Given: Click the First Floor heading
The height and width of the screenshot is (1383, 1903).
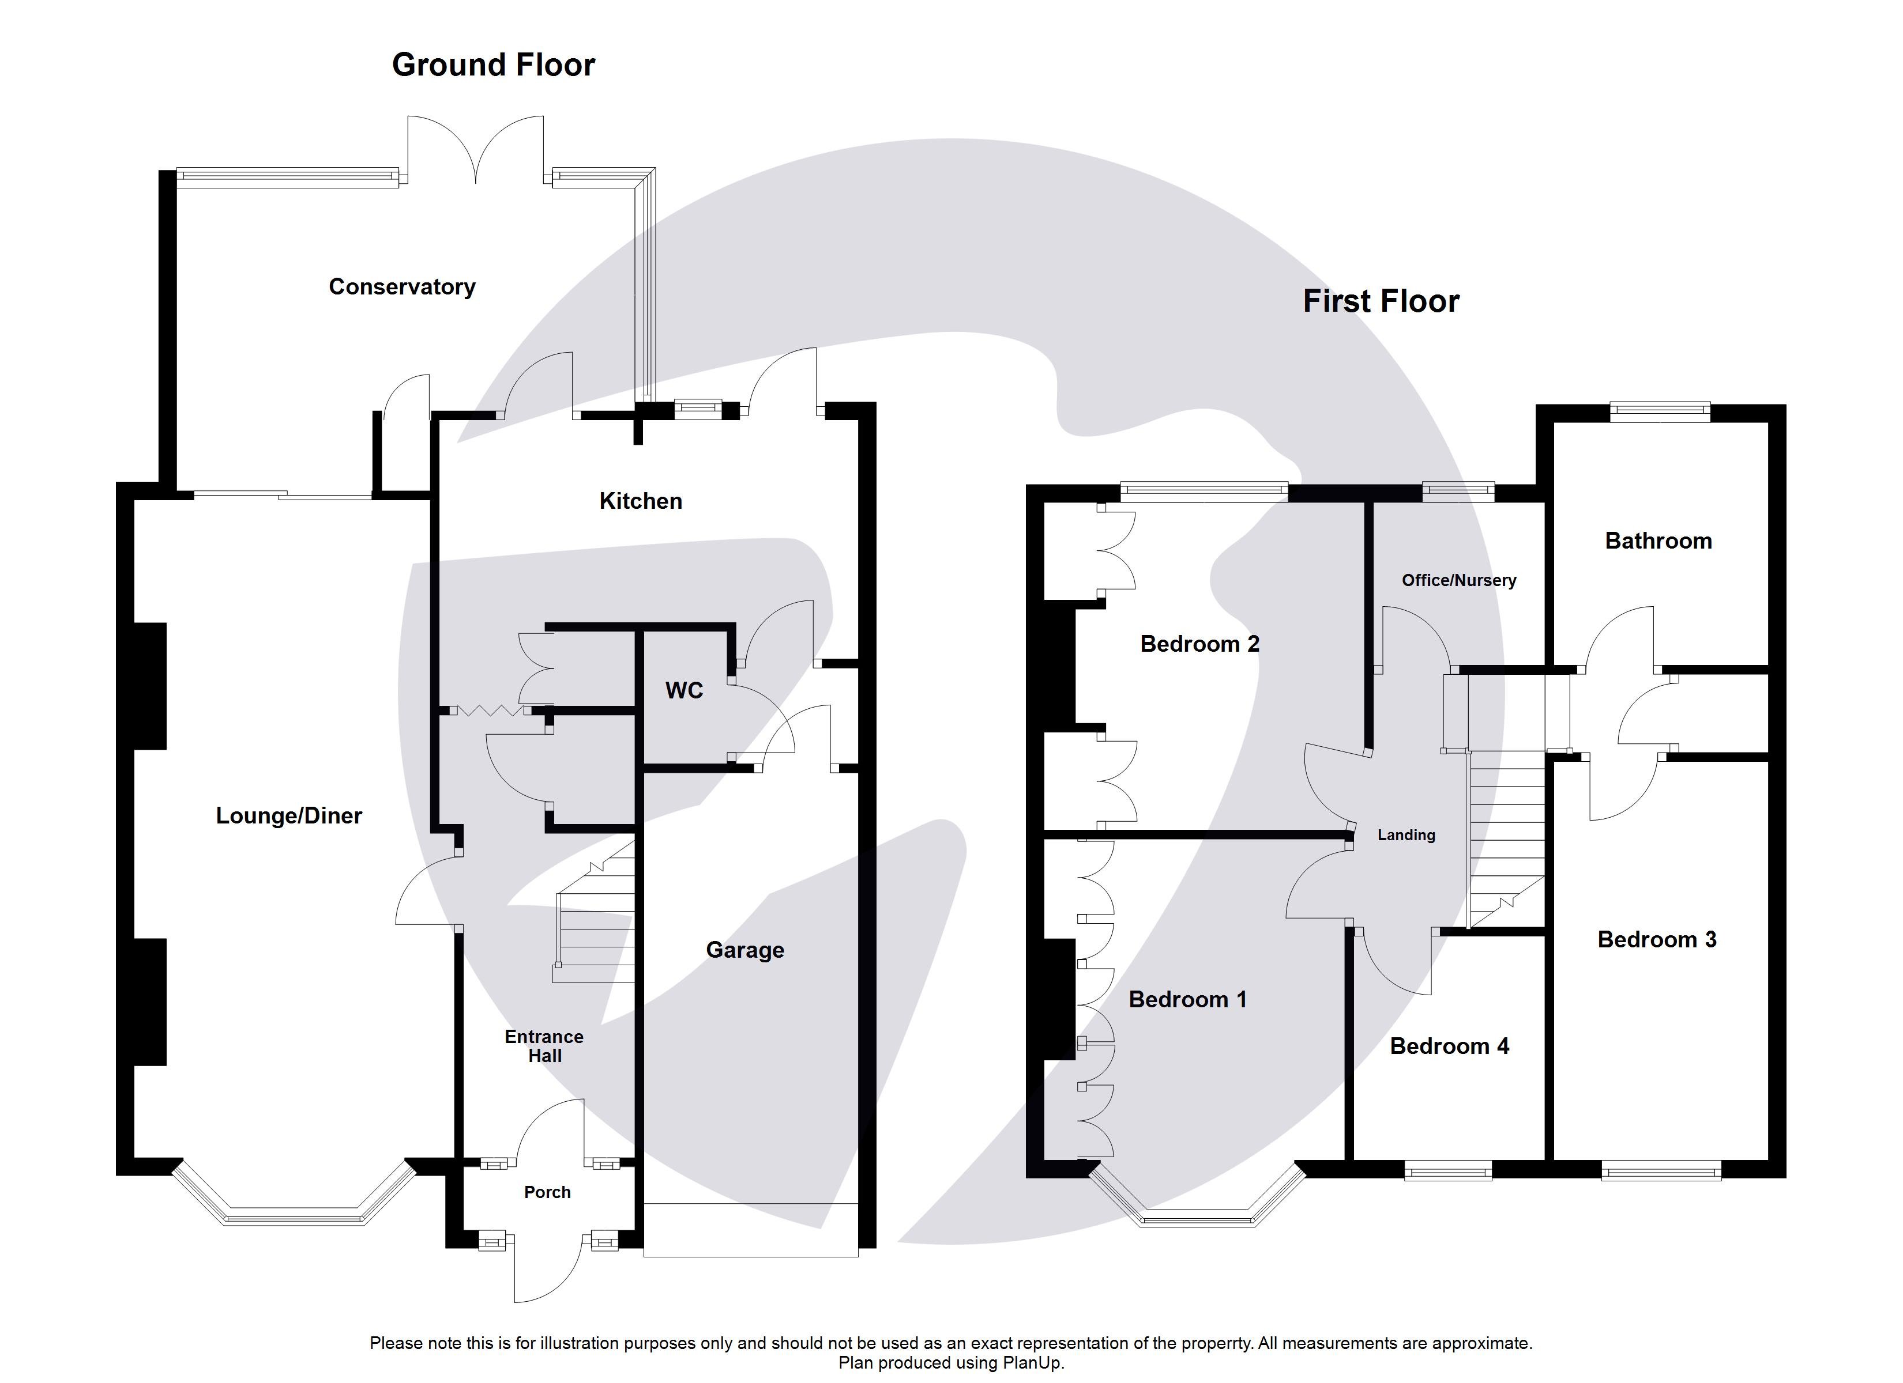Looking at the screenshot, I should click(x=1381, y=301).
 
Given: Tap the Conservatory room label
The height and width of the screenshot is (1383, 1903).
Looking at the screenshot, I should click(x=402, y=287).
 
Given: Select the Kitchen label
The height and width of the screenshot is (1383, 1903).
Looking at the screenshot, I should click(x=640, y=501).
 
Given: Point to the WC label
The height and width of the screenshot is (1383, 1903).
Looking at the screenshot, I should click(x=684, y=690).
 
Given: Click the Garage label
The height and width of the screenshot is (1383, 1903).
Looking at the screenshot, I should click(x=744, y=950).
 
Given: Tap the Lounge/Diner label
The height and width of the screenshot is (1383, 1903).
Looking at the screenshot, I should click(x=289, y=815).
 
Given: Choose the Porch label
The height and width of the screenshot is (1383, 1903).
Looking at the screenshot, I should click(x=547, y=1192).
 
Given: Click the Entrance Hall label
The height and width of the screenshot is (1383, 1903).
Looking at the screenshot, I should click(x=544, y=1046).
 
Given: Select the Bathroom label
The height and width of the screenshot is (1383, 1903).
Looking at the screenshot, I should click(x=1658, y=541).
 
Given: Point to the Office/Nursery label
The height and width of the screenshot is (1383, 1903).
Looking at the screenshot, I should click(x=1458, y=580).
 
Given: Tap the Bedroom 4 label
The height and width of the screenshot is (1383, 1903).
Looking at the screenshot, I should click(x=1449, y=1046).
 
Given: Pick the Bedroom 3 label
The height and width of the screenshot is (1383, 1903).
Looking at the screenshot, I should click(x=1656, y=939).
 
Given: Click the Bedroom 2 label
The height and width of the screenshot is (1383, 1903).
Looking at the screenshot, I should click(x=1199, y=644).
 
